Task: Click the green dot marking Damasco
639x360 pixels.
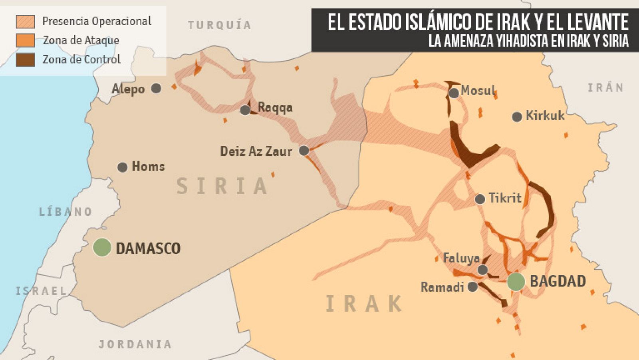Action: (102, 247)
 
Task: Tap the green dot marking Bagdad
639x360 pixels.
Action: (516, 282)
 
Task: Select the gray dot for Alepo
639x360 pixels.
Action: (156, 88)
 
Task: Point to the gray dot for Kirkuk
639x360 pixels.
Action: (517, 117)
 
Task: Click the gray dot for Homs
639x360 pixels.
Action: (123, 167)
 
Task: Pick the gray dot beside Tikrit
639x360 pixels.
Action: (480, 199)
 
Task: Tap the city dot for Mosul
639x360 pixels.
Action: (454, 93)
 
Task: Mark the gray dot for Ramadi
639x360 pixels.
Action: (472, 286)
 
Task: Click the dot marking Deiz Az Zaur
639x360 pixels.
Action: (304, 151)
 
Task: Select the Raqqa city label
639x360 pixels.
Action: (275, 107)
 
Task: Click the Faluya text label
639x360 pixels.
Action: (461, 258)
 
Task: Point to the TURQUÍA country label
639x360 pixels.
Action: (220, 25)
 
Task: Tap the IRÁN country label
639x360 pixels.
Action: (605, 88)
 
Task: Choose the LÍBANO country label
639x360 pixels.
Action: (65, 211)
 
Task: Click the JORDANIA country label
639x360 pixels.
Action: (135, 344)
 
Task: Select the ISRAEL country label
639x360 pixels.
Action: (41, 291)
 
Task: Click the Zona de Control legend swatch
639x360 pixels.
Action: (25, 60)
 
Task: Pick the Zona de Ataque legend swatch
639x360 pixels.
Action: (25, 40)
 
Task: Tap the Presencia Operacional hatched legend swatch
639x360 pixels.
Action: (25, 22)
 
